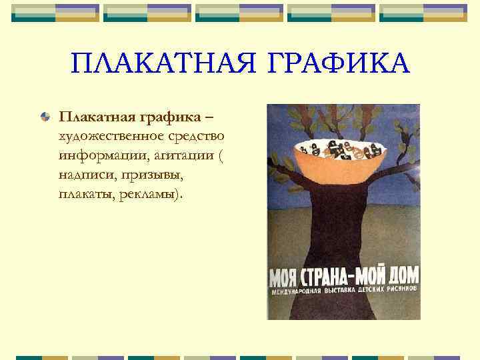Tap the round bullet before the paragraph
pos(44,118)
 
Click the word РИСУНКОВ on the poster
pos(395,291)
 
